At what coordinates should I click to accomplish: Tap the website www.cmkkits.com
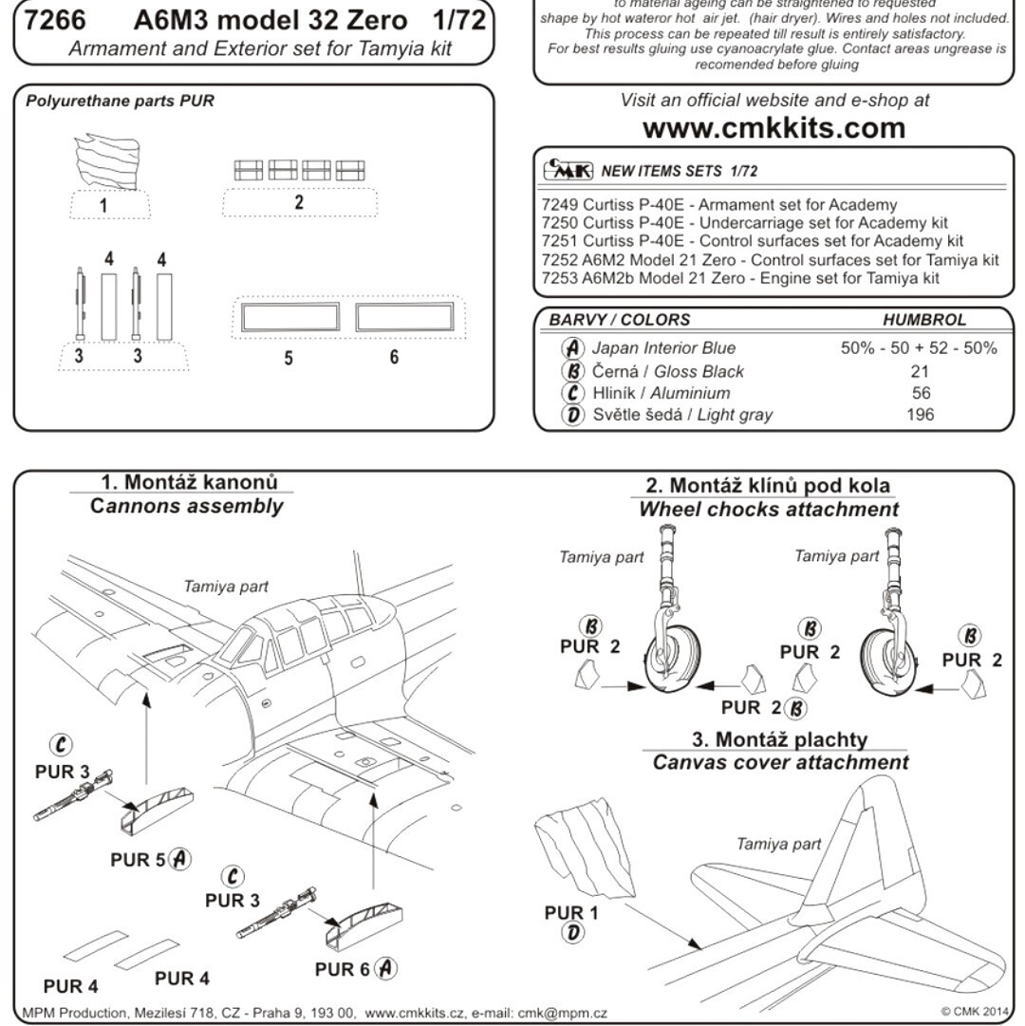click(774, 127)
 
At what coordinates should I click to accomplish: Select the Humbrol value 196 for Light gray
click(920, 414)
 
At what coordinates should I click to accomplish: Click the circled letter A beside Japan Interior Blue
click(572, 348)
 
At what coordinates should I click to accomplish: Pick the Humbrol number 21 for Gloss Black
click(920, 371)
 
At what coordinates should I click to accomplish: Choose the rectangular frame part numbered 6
click(405, 317)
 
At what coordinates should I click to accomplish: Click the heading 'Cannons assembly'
click(186, 506)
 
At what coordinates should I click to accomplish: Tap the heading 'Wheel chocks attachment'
click(769, 509)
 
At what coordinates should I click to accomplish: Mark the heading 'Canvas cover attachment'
click(780, 762)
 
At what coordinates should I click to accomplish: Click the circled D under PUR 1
click(572, 933)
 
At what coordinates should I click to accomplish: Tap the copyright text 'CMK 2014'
click(978, 1013)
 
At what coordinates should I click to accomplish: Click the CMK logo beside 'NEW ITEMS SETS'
click(568, 171)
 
